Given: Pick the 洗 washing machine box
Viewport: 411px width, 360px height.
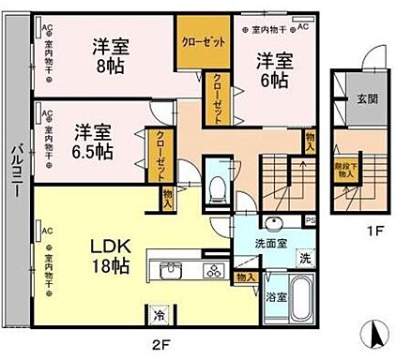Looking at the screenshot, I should (x=305, y=257).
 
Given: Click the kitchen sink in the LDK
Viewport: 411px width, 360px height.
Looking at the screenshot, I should (x=173, y=272).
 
